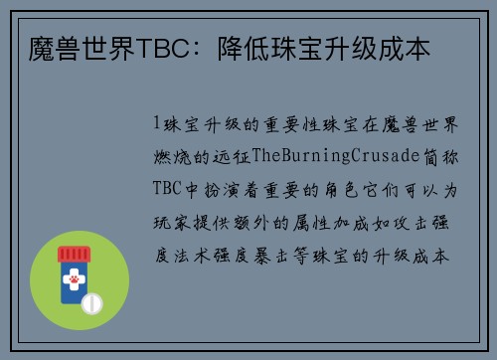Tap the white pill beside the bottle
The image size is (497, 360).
[x=91, y=301]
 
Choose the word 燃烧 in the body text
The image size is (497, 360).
[x=173, y=156]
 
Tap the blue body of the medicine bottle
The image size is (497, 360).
[x=71, y=283]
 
